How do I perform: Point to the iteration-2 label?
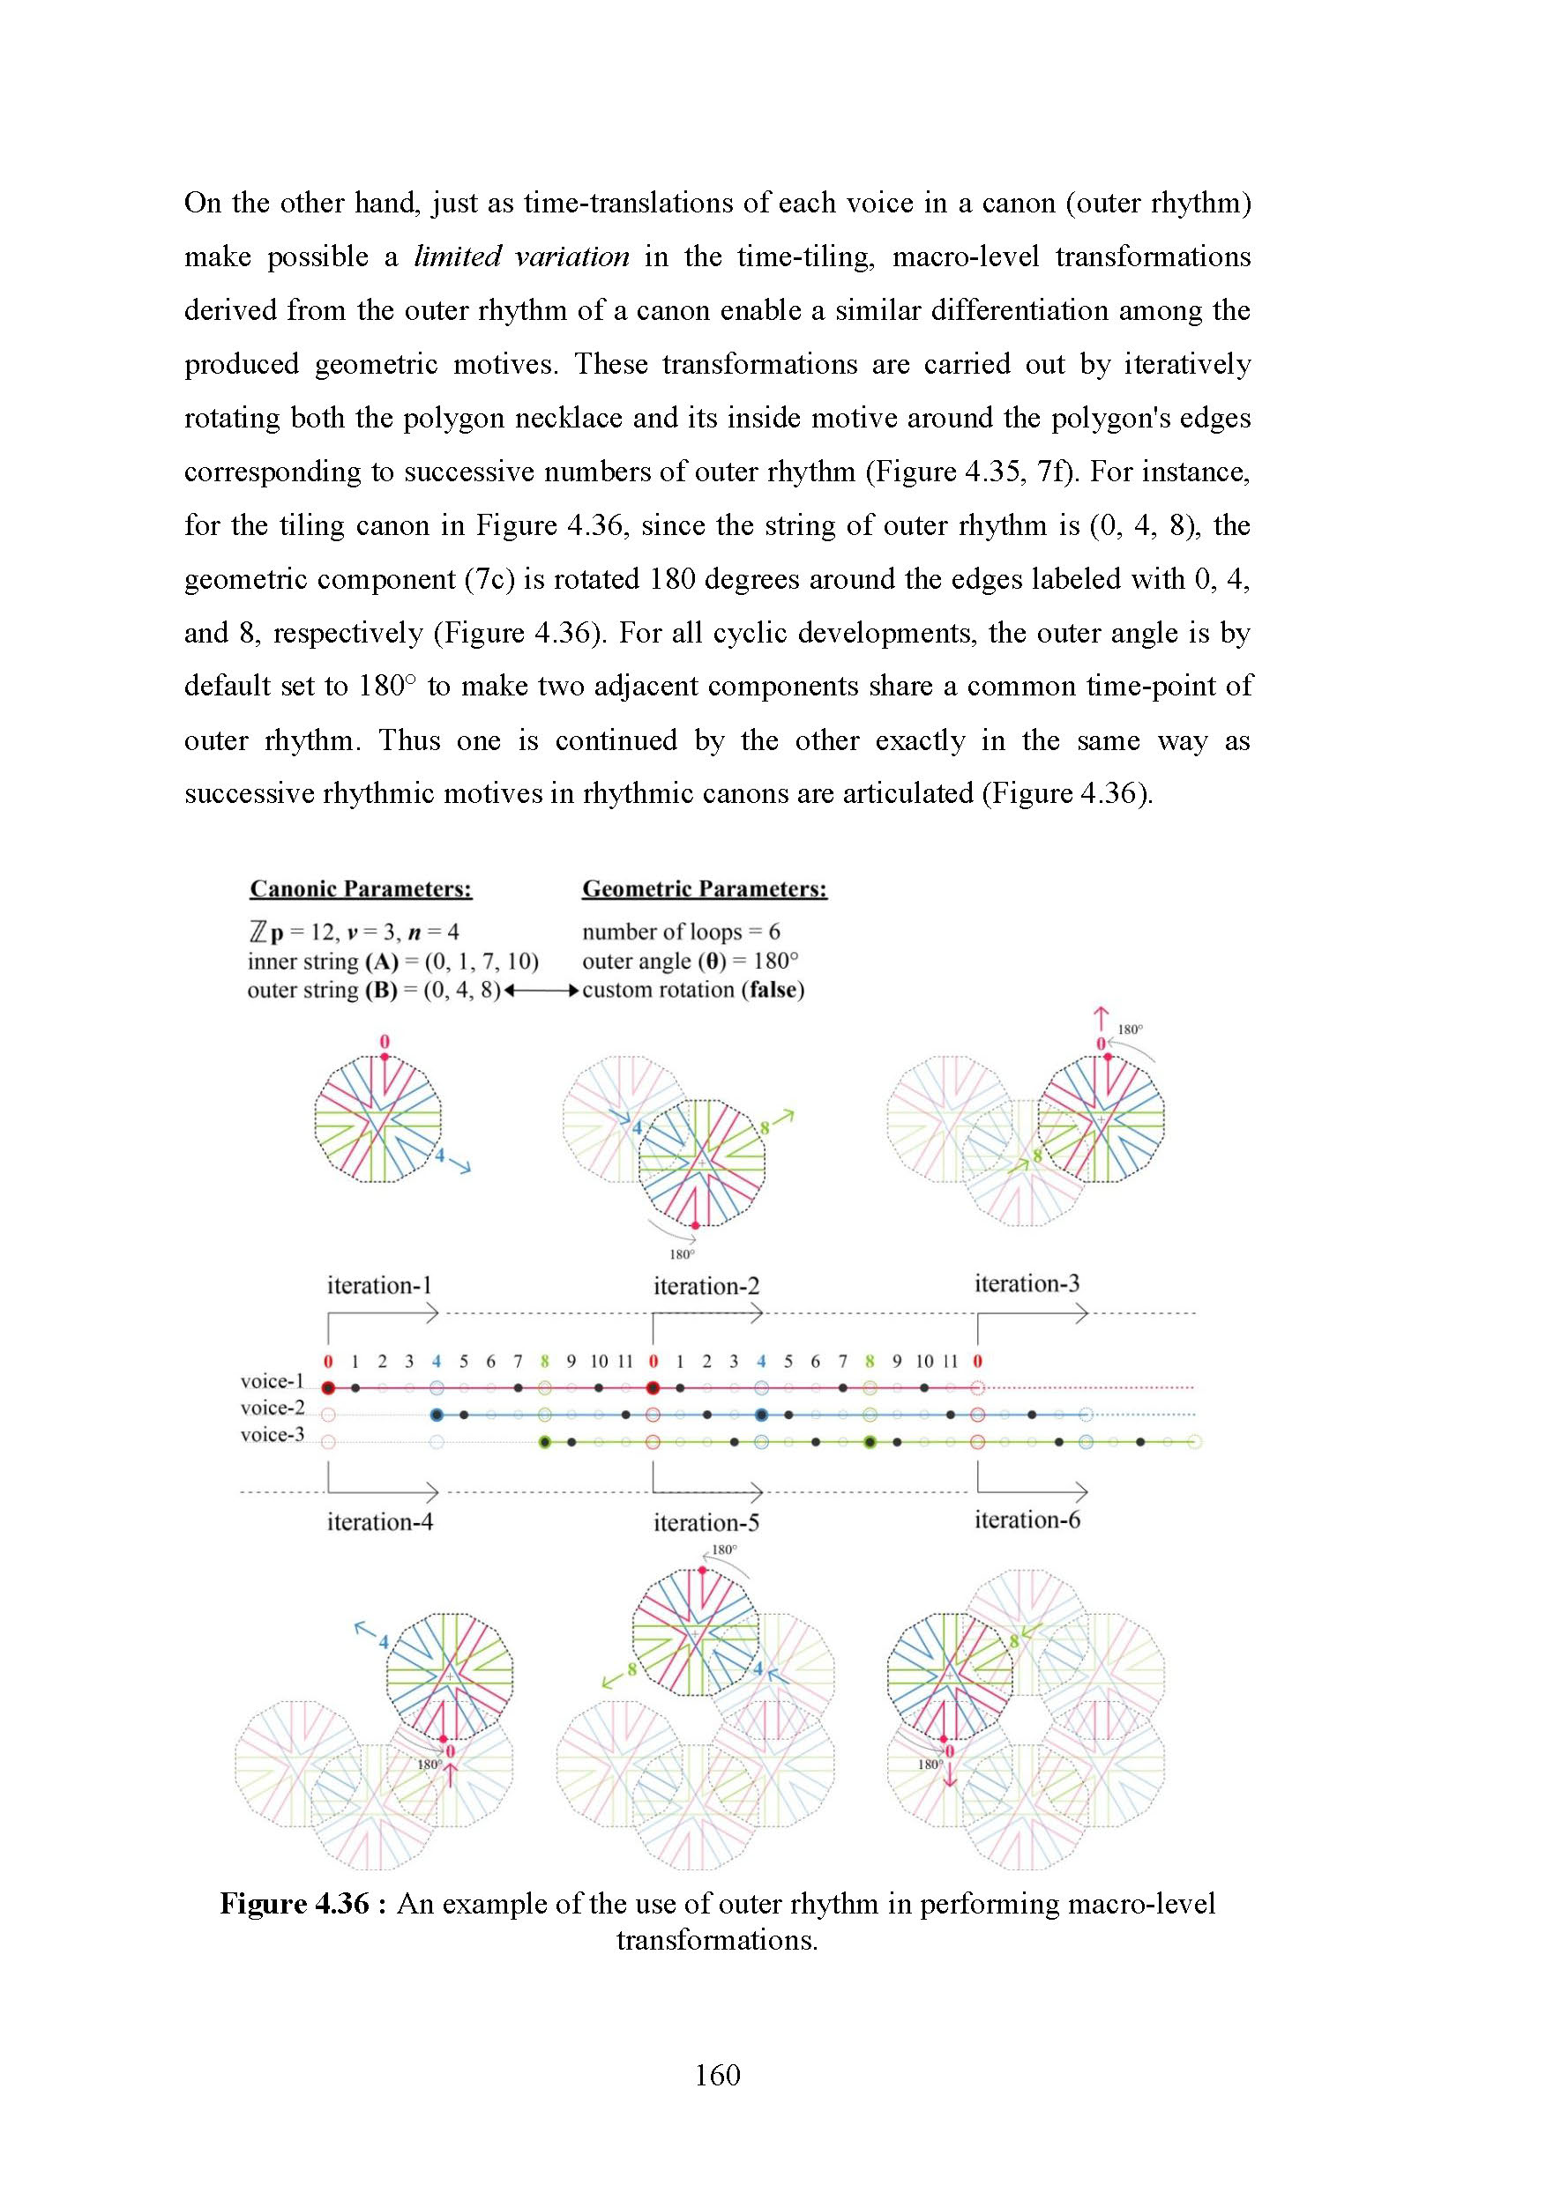(706, 1286)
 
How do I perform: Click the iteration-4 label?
(379, 1521)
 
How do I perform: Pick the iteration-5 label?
(706, 1523)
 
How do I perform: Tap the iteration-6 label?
(1027, 1520)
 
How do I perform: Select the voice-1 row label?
(272, 1381)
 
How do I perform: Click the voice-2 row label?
(272, 1408)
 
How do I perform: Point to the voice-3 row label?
(272, 1434)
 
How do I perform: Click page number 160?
(718, 2075)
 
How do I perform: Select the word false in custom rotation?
(775, 990)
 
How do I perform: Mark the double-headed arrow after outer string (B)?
(541, 991)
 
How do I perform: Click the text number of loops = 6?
(681, 932)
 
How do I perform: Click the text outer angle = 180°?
(691, 962)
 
